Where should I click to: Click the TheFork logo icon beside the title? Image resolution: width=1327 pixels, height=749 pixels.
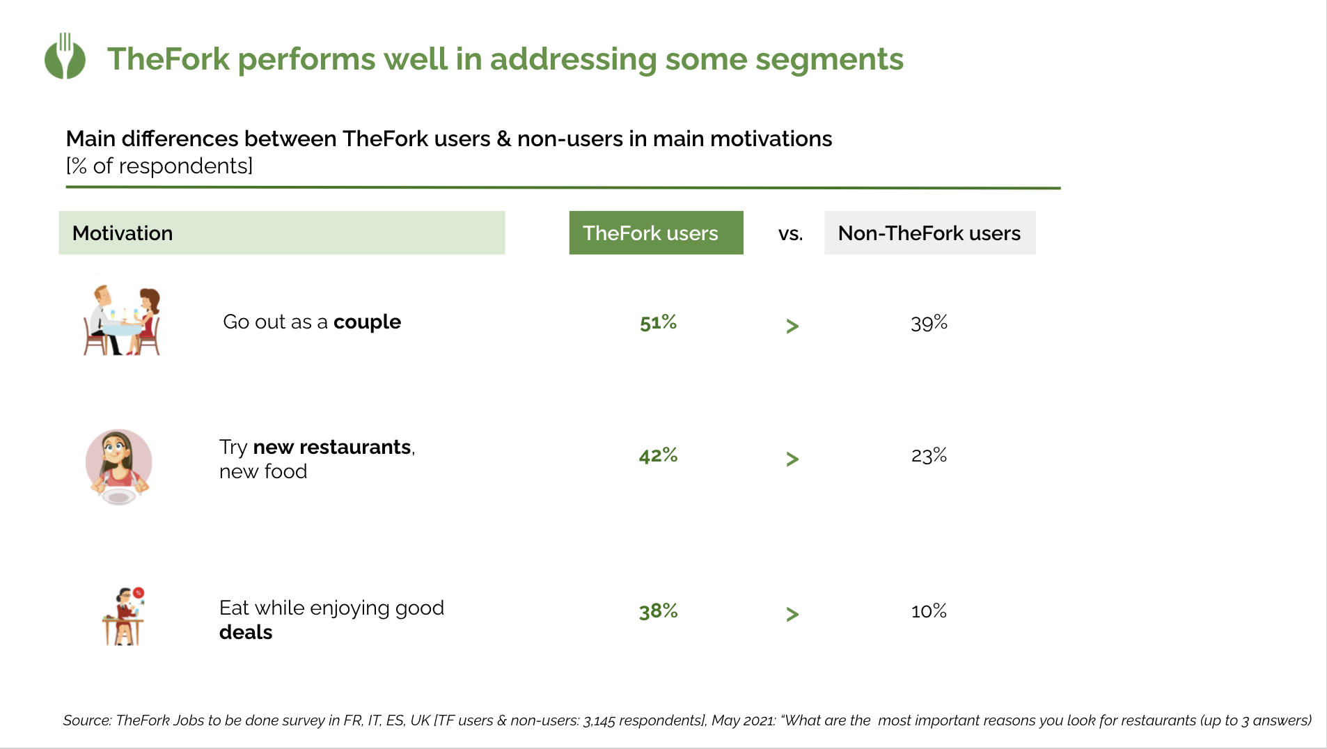pos(65,56)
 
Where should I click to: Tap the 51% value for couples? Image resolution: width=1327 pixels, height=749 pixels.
pos(658,322)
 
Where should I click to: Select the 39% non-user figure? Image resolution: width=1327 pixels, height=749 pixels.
pos(929,323)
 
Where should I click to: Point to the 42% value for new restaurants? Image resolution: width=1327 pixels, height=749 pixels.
pos(658,455)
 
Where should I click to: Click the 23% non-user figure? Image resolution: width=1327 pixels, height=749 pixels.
pos(929,455)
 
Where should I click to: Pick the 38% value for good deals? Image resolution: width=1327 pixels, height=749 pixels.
pos(658,611)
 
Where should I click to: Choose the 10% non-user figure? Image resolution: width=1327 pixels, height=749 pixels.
pos(929,611)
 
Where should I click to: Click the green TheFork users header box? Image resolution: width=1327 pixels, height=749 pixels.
pos(656,232)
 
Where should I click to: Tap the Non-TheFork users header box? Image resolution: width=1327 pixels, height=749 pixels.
pos(929,232)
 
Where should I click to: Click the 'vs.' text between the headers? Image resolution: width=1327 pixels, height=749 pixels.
pos(790,234)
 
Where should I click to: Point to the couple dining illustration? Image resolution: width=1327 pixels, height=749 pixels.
pos(123,320)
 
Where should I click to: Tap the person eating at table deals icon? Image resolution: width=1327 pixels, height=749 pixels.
pos(124,617)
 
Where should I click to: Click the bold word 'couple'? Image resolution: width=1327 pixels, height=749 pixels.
pos(367,322)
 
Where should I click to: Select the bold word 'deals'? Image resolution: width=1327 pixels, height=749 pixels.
pos(246,633)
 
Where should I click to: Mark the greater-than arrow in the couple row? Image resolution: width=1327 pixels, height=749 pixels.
pos(792,326)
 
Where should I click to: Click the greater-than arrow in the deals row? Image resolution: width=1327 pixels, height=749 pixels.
pos(792,614)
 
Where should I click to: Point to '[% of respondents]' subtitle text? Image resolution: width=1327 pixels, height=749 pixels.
pos(159,166)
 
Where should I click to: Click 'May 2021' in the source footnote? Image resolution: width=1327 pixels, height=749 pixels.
pos(743,720)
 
